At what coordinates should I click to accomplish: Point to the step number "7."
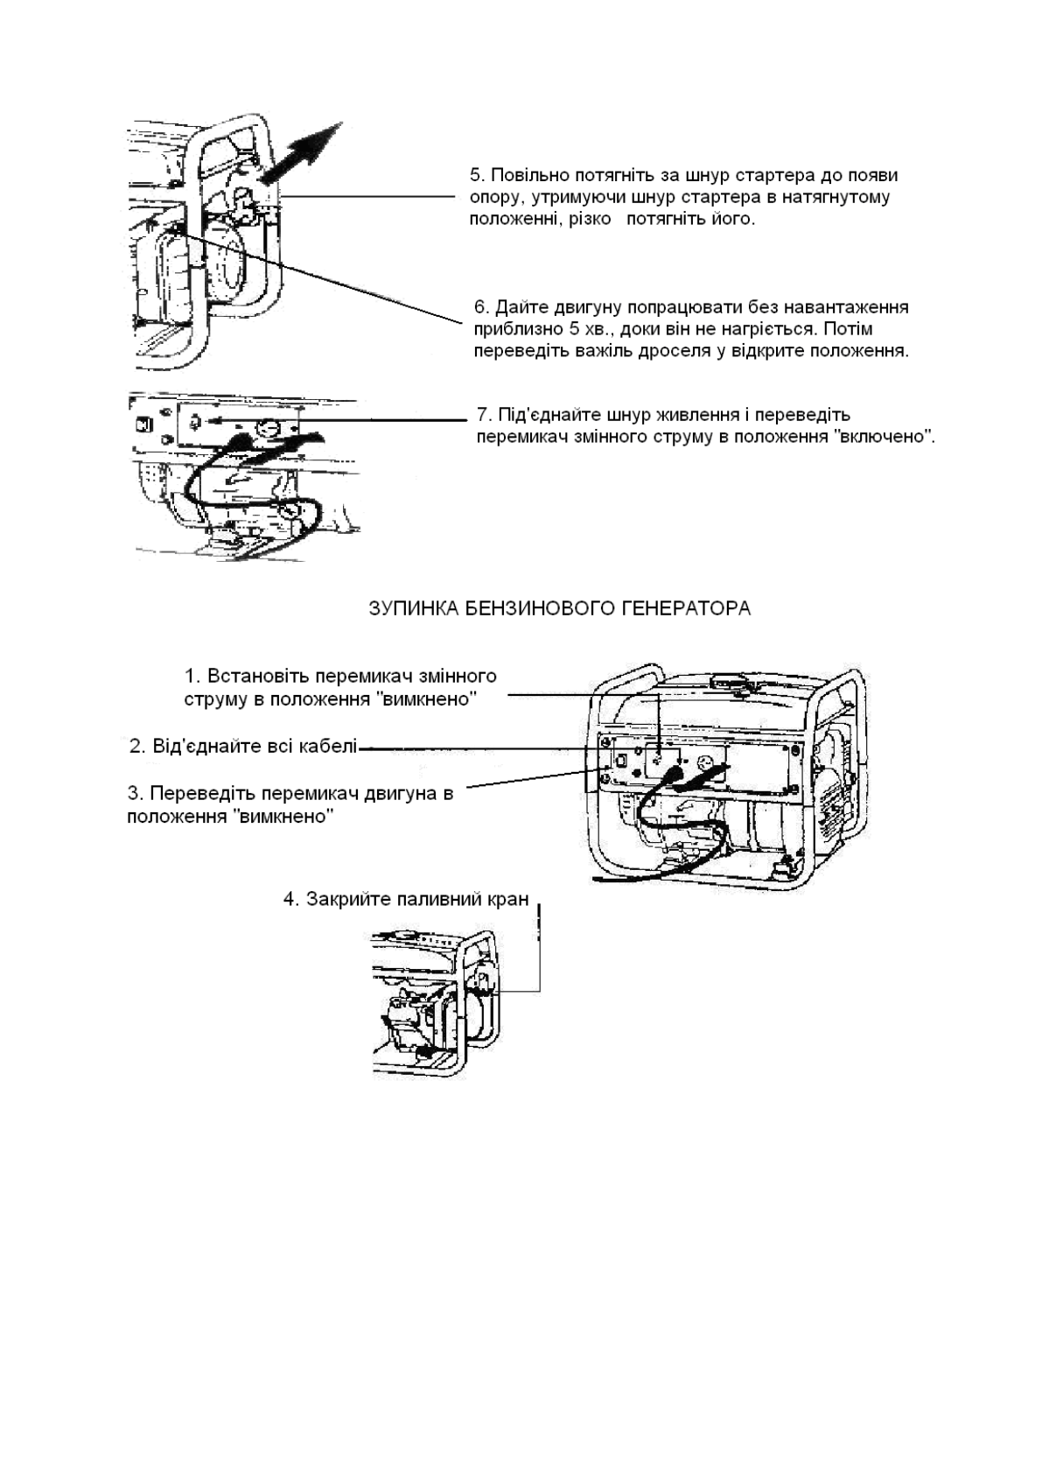click(x=484, y=414)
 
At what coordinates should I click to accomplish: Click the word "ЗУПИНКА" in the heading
click(x=409, y=608)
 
